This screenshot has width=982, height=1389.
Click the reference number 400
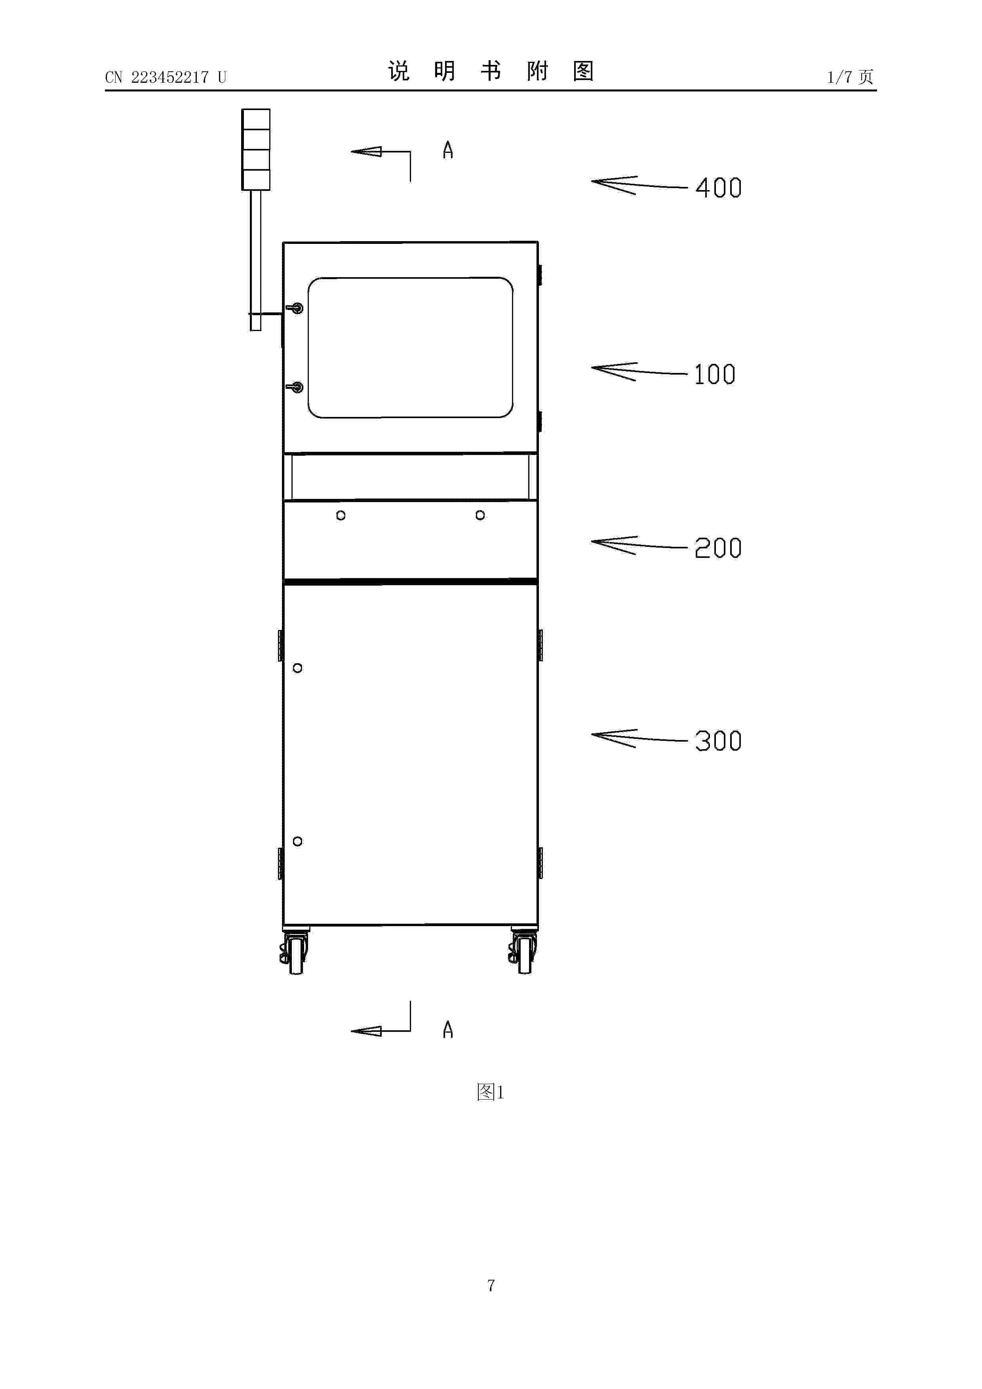(x=718, y=188)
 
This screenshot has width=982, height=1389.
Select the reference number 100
(x=715, y=375)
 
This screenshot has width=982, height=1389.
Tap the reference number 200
(x=718, y=548)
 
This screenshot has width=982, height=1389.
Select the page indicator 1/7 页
(x=850, y=77)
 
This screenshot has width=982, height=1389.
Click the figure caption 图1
(x=490, y=1092)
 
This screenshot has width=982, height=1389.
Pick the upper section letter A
(x=448, y=150)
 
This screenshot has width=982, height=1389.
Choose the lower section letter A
(x=448, y=1029)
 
